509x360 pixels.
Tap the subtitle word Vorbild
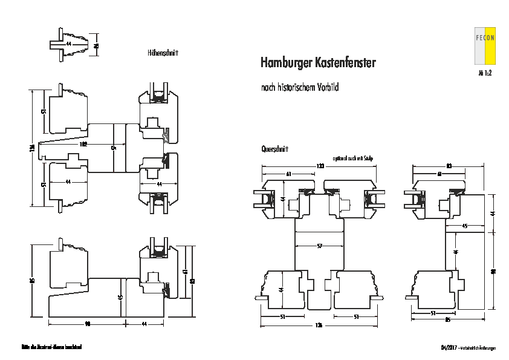tap(326, 88)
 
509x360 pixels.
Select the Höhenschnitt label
tap(163, 53)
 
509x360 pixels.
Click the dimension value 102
tap(83, 145)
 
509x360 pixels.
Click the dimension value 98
tap(87, 324)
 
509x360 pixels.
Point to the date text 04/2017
tap(449, 348)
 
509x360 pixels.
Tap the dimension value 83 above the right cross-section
tap(449, 165)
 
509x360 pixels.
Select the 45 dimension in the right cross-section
tap(464, 226)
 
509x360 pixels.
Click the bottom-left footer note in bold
tap(51, 348)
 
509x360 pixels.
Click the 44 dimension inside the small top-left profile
tap(68, 44)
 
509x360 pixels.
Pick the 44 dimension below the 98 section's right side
tap(144, 324)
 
